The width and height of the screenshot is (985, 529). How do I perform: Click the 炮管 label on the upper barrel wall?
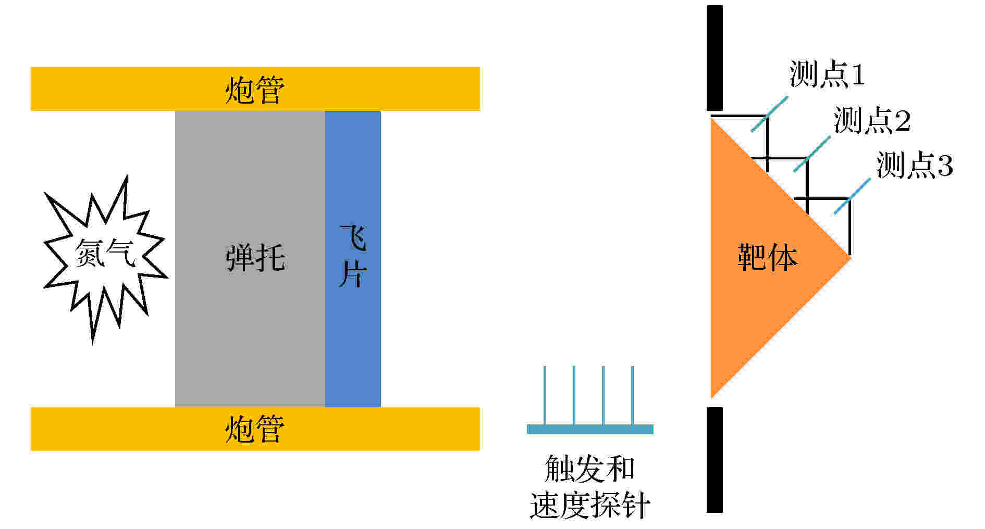[x=255, y=90]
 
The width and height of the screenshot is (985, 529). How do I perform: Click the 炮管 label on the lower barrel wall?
[x=255, y=429]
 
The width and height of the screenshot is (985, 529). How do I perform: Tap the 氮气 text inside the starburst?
[x=106, y=254]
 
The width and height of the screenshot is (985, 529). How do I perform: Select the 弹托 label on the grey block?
[x=255, y=257]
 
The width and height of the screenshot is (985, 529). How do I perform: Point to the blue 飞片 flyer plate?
[x=353, y=258]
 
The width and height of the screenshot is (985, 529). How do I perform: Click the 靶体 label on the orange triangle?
[x=767, y=257]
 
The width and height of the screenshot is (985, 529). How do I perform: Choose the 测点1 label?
[x=827, y=74]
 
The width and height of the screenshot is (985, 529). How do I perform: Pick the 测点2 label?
[x=872, y=120]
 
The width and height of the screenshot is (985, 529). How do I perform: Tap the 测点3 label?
[x=915, y=165]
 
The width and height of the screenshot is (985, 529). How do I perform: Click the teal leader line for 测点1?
[x=770, y=114]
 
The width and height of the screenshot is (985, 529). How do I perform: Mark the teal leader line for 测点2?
[x=812, y=154]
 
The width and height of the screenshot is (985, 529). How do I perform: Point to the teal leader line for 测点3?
[x=852, y=196]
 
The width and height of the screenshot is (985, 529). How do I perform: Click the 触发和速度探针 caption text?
[x=590, y=487]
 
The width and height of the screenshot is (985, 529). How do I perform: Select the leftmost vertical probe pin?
[x=545, y=396]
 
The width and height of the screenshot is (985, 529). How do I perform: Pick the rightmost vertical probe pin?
[x=632, y=396]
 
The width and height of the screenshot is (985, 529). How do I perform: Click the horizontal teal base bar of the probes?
[x=590, y=430]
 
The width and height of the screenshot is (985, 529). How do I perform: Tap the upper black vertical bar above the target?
[x=715, y=58]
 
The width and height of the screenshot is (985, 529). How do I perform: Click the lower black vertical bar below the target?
[x=715, y=460]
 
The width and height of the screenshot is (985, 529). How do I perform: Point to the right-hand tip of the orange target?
[x=851, y=257]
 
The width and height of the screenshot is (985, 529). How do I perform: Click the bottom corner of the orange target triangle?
[x=711, y=397]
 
